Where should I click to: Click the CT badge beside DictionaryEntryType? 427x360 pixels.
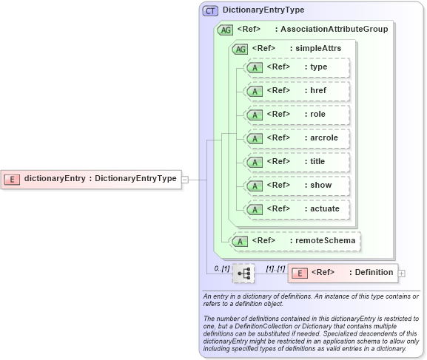click(x=211, y=11)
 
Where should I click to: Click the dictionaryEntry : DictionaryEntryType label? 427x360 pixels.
click(x=100, y=179)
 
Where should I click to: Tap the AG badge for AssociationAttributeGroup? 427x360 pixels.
click(x=224, y=30)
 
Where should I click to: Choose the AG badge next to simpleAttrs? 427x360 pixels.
click(x=240, y=49)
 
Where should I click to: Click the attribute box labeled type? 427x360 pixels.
click(x=297, y=67)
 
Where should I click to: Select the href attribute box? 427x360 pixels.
click(x=297, y=91)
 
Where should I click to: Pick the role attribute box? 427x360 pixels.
click(x=297, y=115)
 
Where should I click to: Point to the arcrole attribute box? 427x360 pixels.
click(x=297, y=138)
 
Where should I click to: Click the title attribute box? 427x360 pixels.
click(x=297, y=162)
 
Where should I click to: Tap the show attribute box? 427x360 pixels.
click(x=297, y=186)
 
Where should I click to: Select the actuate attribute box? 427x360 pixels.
click(x=297, y=209)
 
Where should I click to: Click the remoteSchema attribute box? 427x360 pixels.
click(x=295, y=240)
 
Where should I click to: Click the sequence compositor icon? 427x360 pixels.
click(x=243, y=273)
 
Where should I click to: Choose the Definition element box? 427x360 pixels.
click(x=343, y=273)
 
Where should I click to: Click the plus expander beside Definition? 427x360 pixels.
click(x=402, y=274)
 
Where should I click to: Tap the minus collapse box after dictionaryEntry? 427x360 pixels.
click(x=185, y=179)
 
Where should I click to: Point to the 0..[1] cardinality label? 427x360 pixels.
click(x=221, y=268)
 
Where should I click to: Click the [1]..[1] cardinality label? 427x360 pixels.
click(x=275, y=268)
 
